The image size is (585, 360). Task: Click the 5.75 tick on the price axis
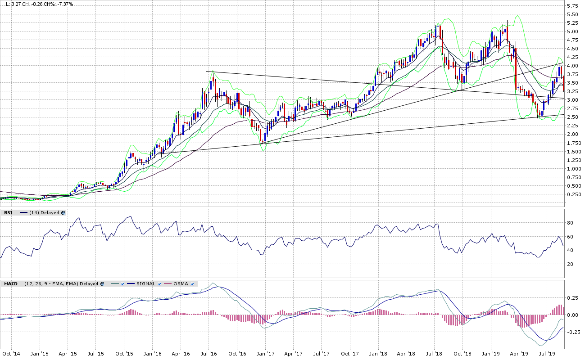pos(573,6)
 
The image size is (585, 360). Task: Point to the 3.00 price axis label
pos(573,100)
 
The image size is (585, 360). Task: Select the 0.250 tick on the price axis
pos(574,194)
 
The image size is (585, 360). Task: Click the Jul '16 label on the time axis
pos(209,354)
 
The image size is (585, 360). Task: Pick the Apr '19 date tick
pos(518,354)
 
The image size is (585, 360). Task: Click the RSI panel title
pos(8,212)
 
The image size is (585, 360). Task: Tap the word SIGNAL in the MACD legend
pos(146,283)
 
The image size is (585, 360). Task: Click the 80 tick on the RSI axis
pos(569,223)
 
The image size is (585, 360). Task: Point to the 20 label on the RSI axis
pos(569,264)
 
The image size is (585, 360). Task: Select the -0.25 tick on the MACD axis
pos(571,332)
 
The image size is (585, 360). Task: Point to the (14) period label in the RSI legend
pos(34,212)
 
